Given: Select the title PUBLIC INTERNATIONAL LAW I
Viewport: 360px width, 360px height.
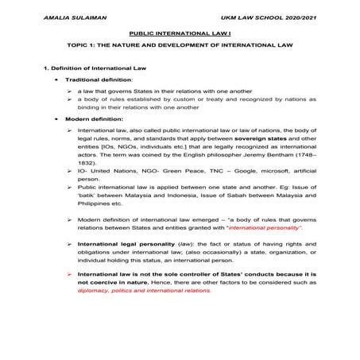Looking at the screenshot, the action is point(180,36).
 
